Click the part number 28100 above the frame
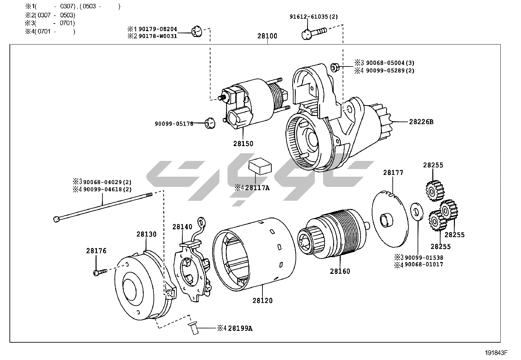click(x=267, y=36)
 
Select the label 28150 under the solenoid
click(x=243, y=143)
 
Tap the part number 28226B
click(x=421, y=122)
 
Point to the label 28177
click(x=393, y=173)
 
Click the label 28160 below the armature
click(x=340, y=271)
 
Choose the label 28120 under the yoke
click(x=262, y=300)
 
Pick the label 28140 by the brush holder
click(x=182, y=226)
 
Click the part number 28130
click(x=146, y=234)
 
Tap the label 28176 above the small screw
click(x=96, y=251)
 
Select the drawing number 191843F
click(x=496, y=353)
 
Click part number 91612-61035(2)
click(x=309, y=17)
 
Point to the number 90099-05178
click(x=174, y=123)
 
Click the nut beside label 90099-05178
click(x=209, y=123)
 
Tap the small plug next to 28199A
click(x=193, y=328)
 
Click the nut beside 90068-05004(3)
click(x=334, y=67)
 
